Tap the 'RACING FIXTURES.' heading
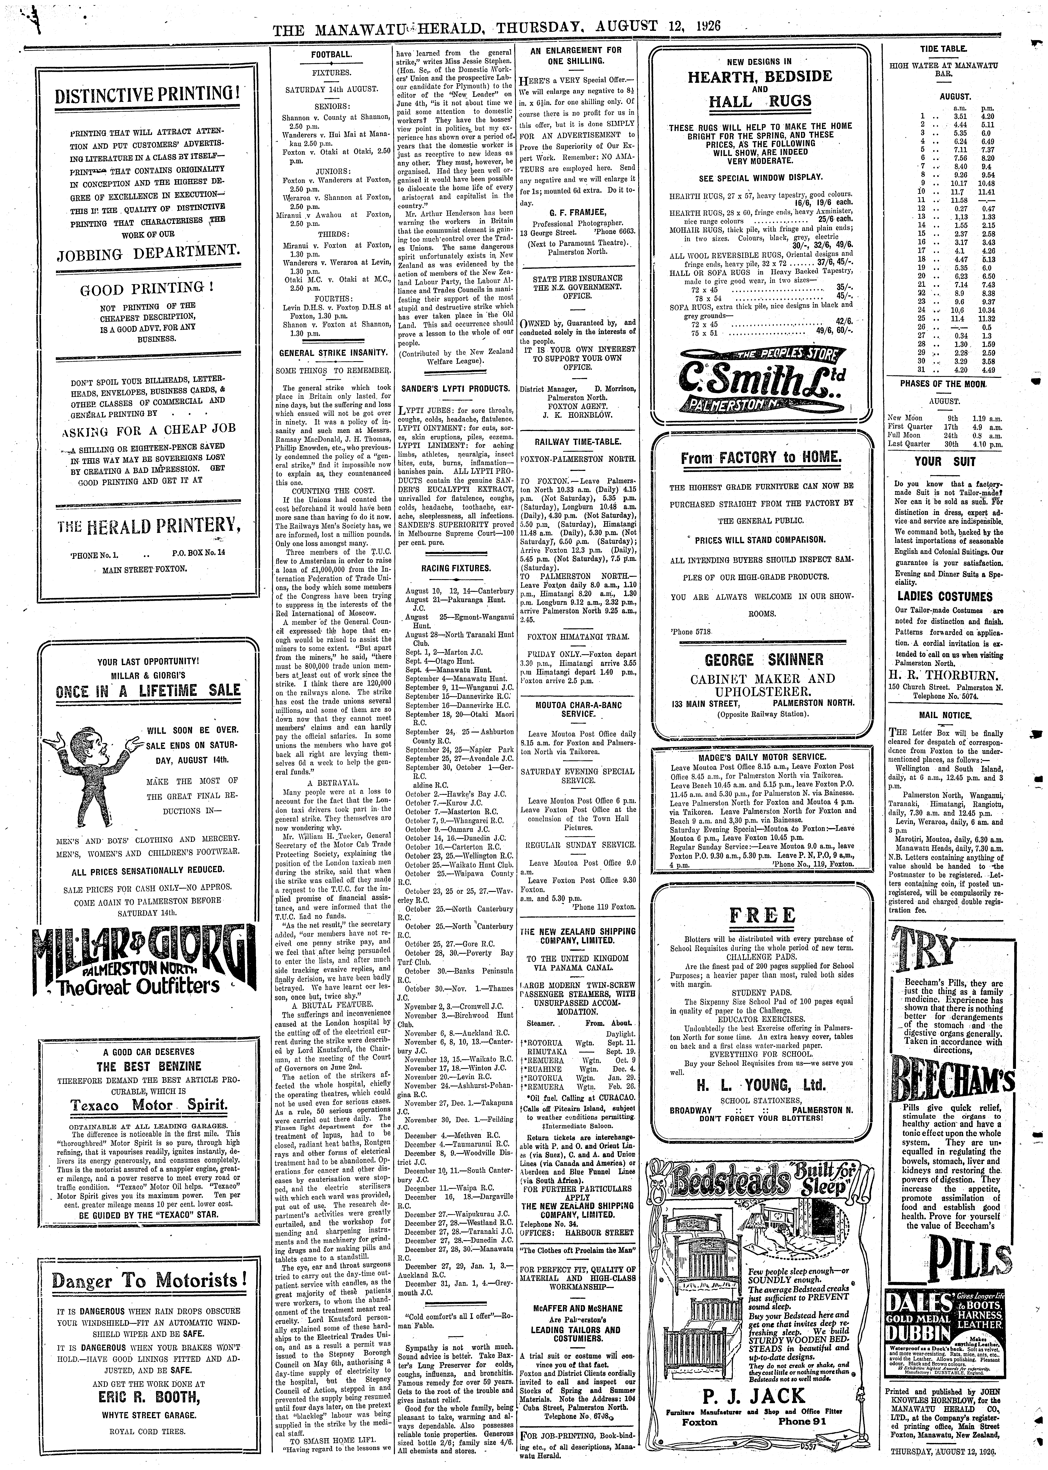(x=456, y=568)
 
